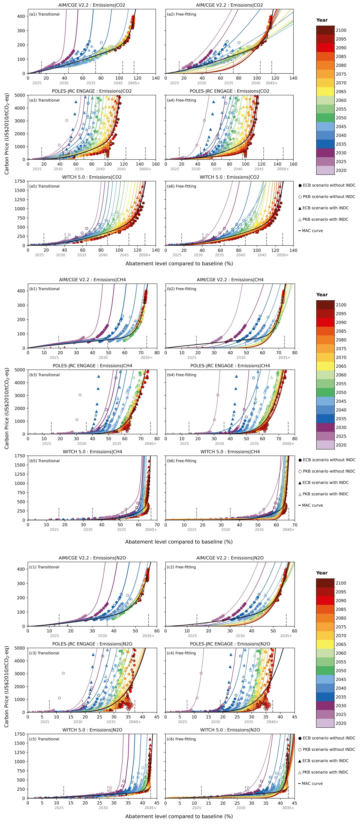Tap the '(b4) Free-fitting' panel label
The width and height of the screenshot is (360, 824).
(181, 375)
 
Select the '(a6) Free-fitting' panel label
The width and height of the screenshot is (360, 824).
(181, 186)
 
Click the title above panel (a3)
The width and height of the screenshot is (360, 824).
(92, 91)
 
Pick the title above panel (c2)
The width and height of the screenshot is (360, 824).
(230, 558)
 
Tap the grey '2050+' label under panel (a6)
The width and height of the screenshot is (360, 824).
(283, 255)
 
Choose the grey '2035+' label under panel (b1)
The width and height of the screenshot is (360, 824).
(147, 358)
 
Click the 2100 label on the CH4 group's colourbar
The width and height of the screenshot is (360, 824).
(341, 305)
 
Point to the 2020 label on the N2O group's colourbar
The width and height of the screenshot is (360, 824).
(341, 723)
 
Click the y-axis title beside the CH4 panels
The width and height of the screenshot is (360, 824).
(7, 408)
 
